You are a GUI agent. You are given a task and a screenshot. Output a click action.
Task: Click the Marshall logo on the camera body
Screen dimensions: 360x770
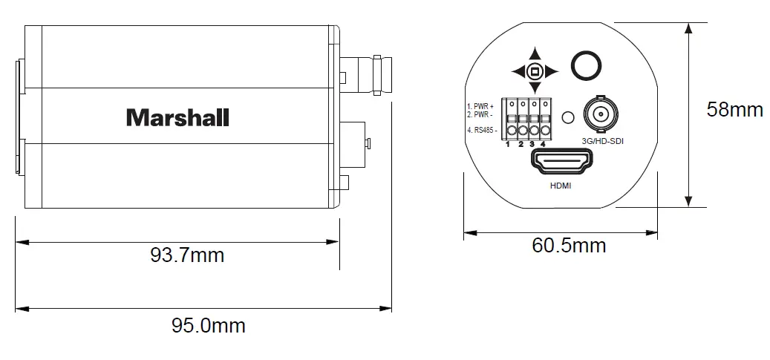coord(177,117)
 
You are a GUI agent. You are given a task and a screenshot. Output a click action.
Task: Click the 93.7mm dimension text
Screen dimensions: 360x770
coord(187,255)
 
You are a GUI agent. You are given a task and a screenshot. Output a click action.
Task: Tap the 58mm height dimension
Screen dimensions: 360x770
coord(734,109)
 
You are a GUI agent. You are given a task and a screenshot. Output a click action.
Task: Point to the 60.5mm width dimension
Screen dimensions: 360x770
coord(569,245)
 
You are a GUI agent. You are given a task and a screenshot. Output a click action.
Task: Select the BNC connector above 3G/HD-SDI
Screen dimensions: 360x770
coord(599,116)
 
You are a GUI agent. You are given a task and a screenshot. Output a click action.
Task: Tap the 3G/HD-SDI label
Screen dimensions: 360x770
coord(599,141)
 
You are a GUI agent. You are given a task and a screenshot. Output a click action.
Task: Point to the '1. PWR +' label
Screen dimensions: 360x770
coord(480,107)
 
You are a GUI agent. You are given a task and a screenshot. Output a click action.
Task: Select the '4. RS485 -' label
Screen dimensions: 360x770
coord(480,131)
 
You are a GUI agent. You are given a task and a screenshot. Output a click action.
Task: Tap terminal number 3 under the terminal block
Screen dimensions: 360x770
coord(532,143)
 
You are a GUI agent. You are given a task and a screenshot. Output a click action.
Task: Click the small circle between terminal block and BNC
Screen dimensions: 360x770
coord(568,117)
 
